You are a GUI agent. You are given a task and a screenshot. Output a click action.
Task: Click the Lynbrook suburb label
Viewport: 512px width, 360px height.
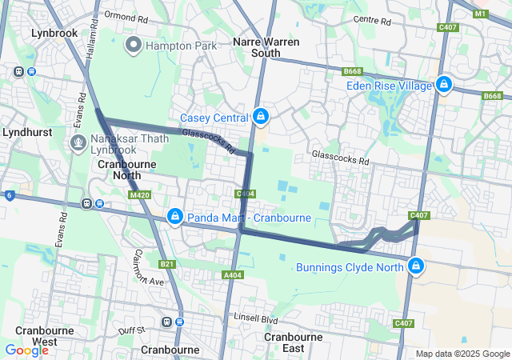[x=54, y=34]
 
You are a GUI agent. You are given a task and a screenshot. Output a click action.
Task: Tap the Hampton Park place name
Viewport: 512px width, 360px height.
[x=180, y=46]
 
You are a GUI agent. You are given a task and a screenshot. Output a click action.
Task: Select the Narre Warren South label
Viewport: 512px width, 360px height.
[x=256, y=46]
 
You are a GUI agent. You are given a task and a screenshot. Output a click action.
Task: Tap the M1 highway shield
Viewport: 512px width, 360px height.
[x=480, y=14]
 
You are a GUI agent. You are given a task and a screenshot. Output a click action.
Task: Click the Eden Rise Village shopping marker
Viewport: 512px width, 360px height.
[x=444, y=85]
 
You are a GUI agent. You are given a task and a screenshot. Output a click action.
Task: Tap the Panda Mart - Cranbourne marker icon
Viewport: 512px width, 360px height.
[x=174, y=217]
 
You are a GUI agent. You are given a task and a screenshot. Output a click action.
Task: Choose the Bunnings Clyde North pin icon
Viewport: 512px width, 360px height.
[x=415, y=266]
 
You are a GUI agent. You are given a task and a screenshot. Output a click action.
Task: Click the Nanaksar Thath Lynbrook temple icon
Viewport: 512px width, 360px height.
[x=78, y=143]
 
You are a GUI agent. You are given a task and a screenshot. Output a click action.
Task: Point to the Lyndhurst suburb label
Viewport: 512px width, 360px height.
[x=28, y=131]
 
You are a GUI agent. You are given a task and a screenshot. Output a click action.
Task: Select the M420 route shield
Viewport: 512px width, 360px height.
[x=139, y=194]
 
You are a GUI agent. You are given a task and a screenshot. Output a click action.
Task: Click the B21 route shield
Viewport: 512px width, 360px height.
[x=166, y=264]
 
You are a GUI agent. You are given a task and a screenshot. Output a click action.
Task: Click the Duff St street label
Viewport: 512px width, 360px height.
[x=130, y=329]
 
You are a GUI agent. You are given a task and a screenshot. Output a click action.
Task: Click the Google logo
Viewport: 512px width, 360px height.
[x=26, y=350]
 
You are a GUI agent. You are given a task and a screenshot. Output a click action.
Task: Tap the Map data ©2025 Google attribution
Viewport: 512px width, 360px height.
[x=462, y=354]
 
